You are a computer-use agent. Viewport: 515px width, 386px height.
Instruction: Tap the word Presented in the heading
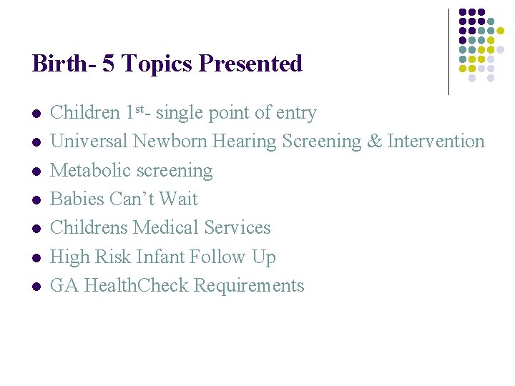point(251,64)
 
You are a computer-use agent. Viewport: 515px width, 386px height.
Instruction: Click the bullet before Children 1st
point(36,114)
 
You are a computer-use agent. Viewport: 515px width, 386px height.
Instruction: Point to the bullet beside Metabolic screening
point(36,172)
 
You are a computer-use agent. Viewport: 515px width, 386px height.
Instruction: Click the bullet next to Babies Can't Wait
point(36,200)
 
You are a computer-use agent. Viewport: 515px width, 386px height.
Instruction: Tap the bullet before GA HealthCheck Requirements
point(36,287)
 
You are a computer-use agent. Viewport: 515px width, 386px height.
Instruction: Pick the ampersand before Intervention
point(374,142)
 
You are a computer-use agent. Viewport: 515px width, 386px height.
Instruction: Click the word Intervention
point(436,142)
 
